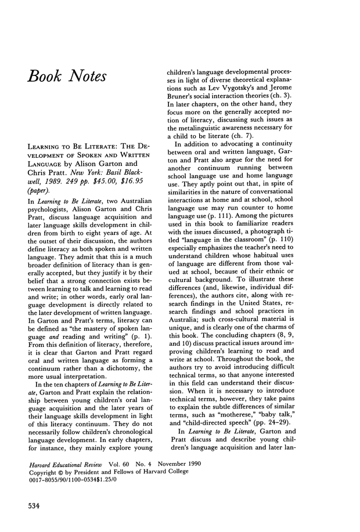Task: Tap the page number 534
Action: tap(37, 505)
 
